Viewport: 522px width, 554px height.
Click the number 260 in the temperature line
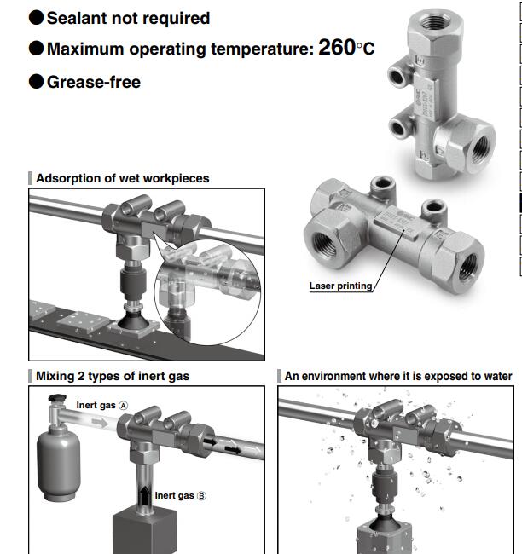pos(337,47)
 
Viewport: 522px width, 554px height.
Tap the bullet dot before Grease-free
pos(36,81)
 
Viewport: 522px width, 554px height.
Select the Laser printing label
pos(340,286)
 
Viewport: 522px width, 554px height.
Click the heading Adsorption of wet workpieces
pos(122,178)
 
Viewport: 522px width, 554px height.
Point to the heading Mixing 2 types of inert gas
pos(113,376)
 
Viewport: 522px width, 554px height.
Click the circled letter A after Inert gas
pos(123,406)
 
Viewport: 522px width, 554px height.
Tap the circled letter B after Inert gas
pos(201,496)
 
